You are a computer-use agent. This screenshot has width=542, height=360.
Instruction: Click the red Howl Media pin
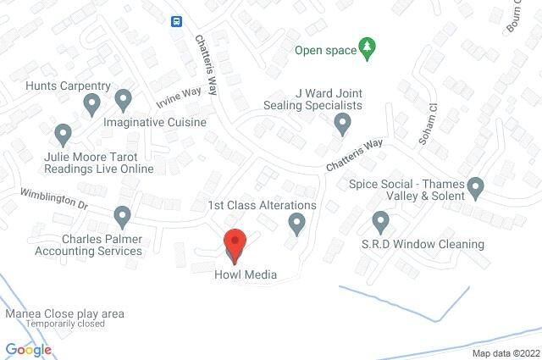(x=235, y=244)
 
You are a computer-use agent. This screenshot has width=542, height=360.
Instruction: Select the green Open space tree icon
(x=367, y=48)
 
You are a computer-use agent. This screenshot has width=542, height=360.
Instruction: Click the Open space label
(x=325, y=49)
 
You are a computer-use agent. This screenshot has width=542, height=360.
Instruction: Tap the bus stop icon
(x=176, y=21)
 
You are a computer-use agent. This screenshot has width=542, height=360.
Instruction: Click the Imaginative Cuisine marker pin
(x=123, y=101)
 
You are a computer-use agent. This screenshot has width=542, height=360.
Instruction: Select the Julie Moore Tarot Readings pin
(x=62, y=134)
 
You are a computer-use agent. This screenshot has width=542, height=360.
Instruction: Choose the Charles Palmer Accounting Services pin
(x=123, y=216)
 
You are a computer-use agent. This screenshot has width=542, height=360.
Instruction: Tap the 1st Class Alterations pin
(x=296, y=224)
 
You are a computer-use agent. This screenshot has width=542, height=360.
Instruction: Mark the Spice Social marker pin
(x=476, y=186)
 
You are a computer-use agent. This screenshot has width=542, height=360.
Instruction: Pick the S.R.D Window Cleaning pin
(x=380, y=223)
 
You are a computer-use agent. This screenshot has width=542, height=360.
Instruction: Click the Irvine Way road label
(x=177, y=100)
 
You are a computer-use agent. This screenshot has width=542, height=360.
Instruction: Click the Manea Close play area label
(x=65, y=313)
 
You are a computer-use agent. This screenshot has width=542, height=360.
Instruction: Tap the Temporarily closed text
(x=65, y=324)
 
